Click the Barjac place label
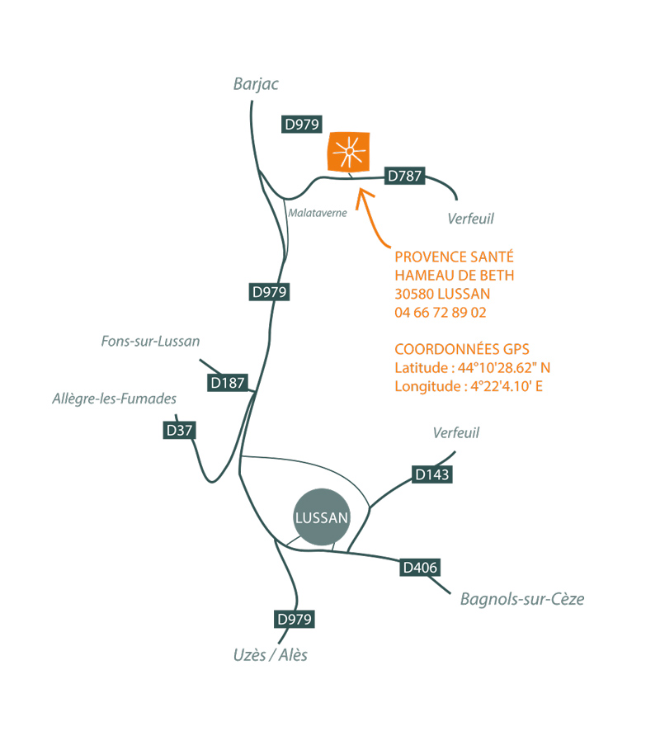click(257, 86)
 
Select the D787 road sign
click(405, 175)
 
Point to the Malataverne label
click(318, 213)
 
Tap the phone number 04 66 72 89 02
click(441, 313)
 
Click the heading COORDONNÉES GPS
click(462, 348)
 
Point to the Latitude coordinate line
click(471, 367)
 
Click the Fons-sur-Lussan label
click(151, 341)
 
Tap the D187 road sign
click(227, 383)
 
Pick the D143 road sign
click(432, 474)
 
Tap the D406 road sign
click(420, 568)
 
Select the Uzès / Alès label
click(271, 655)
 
